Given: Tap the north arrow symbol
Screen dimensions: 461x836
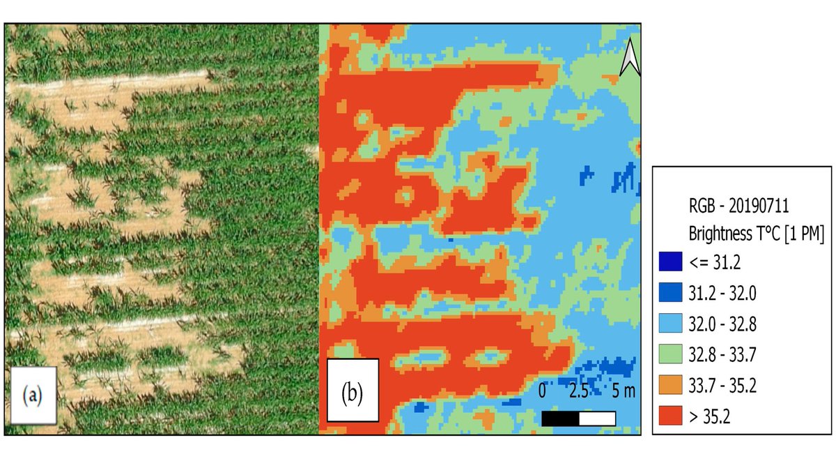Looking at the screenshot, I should tap(630, 57).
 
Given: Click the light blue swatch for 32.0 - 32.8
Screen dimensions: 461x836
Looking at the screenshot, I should tap(669, 323).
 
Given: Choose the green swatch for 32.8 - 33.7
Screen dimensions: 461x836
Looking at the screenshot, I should tap(669, 354).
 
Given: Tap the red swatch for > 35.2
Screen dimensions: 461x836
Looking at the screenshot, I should tap(669, 417).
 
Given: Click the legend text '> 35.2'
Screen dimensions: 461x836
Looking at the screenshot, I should tap(711, 417).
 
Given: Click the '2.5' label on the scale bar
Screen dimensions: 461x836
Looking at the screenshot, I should tap(578, 391).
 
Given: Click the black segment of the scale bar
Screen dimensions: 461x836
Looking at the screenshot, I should tap(560, 418).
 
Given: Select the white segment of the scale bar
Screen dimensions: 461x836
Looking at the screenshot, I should tap(597, 418).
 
